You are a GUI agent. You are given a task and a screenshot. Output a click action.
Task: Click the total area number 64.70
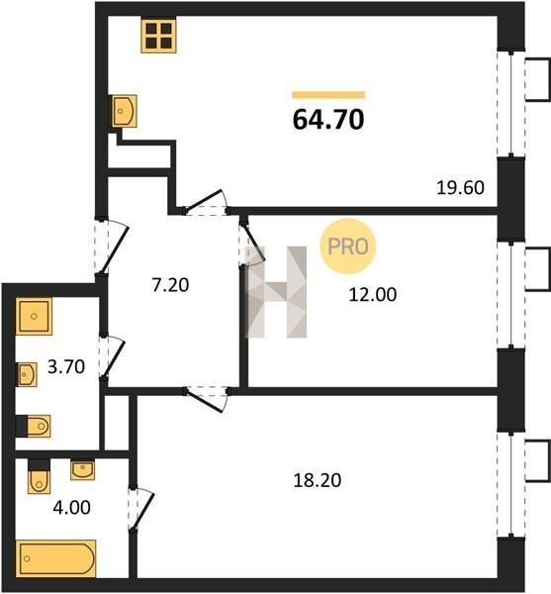[x=328, y=120]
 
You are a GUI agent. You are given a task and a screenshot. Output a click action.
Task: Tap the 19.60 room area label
[x=460, y=187]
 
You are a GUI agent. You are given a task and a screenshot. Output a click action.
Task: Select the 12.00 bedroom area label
[x=373, y=294]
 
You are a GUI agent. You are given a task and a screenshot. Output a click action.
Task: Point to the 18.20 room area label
[x=318, y=480]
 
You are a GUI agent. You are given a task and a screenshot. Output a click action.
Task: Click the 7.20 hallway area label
[x=170, y=285]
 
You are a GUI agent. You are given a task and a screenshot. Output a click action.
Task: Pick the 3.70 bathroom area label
[x=66, y=366]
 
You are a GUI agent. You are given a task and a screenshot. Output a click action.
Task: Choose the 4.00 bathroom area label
[x=72, y=508]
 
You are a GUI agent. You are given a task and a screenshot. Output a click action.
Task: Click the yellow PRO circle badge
[x=348, y=247]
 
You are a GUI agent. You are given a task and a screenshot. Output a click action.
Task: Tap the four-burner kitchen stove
[x=158, y=36]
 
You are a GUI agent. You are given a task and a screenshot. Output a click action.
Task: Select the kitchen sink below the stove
[x=124, y=111]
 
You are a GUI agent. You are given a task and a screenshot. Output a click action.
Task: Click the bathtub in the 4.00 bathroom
[x=56, y=558]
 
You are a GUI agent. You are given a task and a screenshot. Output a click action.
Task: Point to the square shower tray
[x=34, y=317]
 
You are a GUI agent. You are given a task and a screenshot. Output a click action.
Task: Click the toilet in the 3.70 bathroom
[x=34, y=427]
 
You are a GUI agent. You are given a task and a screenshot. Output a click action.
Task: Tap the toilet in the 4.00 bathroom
[x=39, y=476]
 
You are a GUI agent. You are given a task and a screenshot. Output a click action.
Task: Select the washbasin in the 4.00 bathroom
[x=82, y=470]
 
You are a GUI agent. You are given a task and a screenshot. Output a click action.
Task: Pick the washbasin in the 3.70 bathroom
[x=28, y=374]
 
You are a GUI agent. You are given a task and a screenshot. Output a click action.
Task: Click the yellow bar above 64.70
[x=328, y=95]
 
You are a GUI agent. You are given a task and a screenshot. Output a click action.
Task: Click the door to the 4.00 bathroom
[x=140, y=508]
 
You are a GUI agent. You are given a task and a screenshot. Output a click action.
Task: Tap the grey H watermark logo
[x=276, y=292]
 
